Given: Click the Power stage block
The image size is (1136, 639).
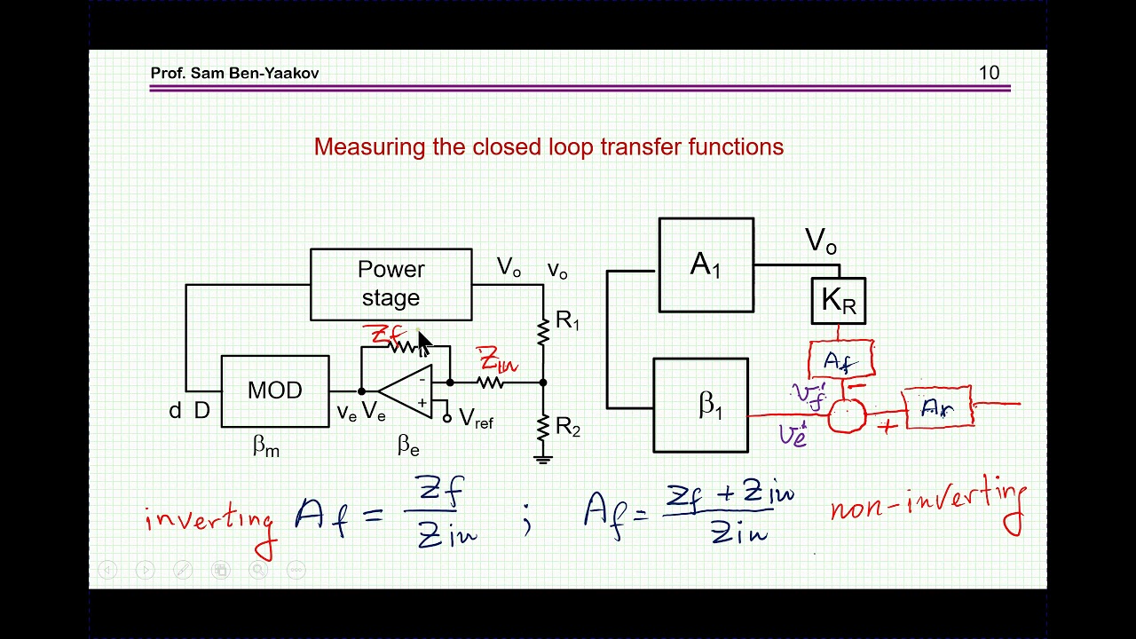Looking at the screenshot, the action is click(x=391, y=285).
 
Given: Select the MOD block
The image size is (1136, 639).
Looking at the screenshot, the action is click(x=275, y=391).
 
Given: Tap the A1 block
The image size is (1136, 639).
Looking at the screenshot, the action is click(x=706, y=264).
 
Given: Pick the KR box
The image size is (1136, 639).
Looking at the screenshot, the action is click(x=839, y=301).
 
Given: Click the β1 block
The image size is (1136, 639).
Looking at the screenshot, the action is click(x=700, y=406).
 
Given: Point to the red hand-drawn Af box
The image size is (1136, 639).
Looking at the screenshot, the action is click(x=840, y=360).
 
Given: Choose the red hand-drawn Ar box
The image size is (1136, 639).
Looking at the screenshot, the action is click(x=938, y=407).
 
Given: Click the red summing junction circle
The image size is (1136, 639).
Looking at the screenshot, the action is click(x=847, y=415).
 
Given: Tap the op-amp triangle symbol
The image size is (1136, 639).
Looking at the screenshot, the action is click(x=406, y=391).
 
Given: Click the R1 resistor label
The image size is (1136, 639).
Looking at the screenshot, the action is click(x=567, y=320).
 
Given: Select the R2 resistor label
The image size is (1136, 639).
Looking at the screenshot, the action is click(x=568, y=427).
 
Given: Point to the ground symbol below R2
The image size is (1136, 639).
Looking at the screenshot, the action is click(x=542, y=460).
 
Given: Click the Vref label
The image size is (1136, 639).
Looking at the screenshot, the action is click(x=476, y=418).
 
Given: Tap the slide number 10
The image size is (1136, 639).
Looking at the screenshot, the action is click(x=989, y=73).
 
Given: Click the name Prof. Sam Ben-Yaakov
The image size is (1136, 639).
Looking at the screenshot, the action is click(x=234, y=73).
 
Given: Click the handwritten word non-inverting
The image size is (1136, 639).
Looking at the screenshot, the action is click(x=927, y=505).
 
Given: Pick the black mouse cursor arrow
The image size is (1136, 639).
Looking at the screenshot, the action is click(x=424, y=343).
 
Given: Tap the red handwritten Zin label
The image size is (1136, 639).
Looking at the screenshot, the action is click(x=496, y=359).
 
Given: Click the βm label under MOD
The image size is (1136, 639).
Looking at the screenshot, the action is click(x=266, y=446).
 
